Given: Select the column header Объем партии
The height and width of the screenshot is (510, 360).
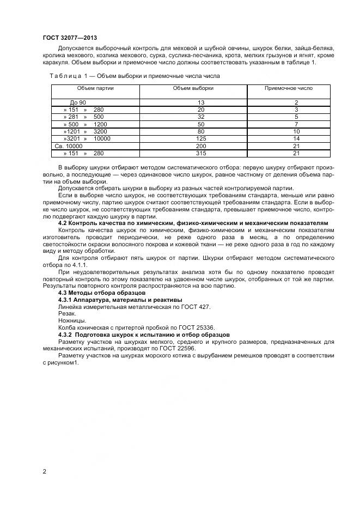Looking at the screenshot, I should pyautogui.click(x=95, y=88).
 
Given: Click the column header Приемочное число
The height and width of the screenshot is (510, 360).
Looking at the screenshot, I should pyautogui.click(x=289, y=88).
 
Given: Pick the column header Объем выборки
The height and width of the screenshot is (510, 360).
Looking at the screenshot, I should pyautogui.click(x=193, y=88).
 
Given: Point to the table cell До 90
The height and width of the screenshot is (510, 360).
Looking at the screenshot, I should pyautogui.click(x=78, y=102).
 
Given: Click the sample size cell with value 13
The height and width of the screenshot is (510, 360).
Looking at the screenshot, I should pyautogui.click(x=201, y=102).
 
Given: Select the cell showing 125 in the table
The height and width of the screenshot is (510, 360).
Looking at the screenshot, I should pyautogui.click(x=201, y=139).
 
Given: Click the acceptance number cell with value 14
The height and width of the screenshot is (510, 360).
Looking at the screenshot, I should pyautogui.click(x=296, y=139).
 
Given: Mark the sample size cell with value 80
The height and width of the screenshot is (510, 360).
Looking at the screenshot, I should pyautogui.click(x=201, y=132).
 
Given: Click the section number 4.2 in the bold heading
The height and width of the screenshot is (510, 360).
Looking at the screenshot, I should pyautogui.click(x=63, y=223).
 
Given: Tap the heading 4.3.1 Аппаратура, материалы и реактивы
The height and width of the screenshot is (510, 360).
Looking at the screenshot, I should pyautogui.click(x=120, y=300).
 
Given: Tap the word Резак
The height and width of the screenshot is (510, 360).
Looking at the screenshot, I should pyautogui.click(x=67, y=314).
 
